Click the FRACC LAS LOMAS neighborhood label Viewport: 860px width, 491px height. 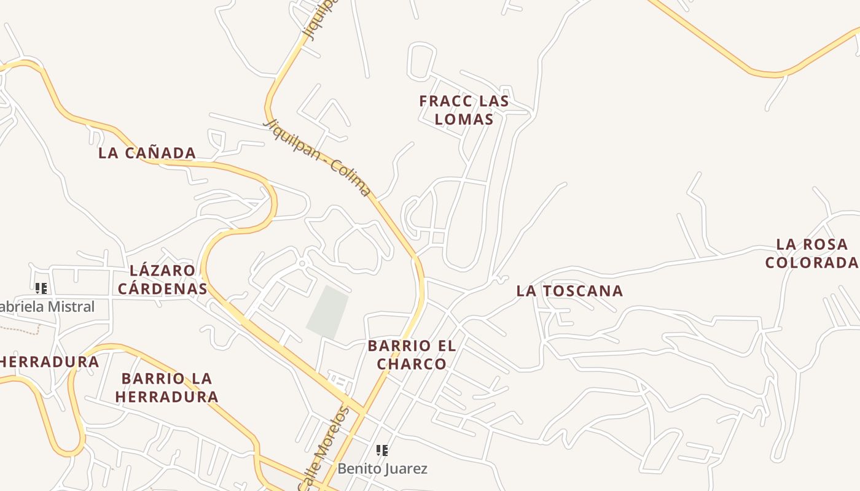pos(464,110)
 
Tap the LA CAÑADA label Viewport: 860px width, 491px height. pos(147,153)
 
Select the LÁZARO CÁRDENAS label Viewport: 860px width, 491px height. pos(162,279)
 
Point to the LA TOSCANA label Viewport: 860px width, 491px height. pos(569,291)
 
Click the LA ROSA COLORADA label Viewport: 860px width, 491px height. pos(811,253)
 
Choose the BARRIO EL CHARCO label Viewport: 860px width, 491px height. pos(412,355)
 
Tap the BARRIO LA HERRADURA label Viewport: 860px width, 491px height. pos(166,387)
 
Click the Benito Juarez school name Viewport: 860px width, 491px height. pos(382,469)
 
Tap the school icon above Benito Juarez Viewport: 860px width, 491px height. pos(382,451)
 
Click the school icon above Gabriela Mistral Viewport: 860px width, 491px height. pos(41,288)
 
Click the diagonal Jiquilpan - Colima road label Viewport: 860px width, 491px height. pos(318,158)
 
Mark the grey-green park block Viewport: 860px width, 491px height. pos(327,312)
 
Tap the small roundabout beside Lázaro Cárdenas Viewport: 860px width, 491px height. pos(302,263)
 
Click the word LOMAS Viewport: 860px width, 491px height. pos(464,119)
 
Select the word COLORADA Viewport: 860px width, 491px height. pos(811,263)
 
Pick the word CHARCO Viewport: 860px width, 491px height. pos(412,364)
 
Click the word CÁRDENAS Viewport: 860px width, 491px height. pos(162,288)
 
